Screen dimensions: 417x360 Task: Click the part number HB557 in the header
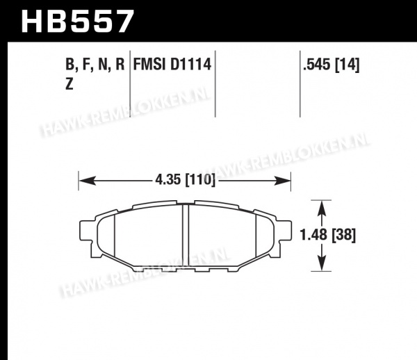coord(77,21)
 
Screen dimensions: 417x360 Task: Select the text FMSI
coord(149,65)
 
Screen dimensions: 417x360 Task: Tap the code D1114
coord(190,65)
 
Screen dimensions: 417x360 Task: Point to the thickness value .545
coord(317,65)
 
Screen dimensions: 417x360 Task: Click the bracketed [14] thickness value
coord(347,65)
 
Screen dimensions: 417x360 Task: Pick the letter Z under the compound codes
coord(69,84)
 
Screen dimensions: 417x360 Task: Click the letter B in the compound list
coord(70,65)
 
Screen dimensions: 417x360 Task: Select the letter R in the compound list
coord(120,65)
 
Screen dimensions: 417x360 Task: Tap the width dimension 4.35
coord(168,180)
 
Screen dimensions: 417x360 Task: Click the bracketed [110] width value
coord(199,181)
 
